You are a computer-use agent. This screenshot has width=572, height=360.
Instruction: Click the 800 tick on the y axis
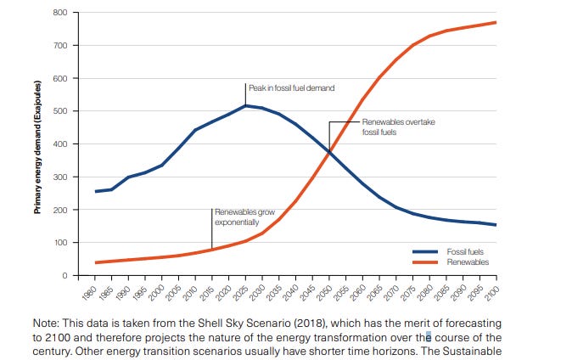click(x=59, y=13)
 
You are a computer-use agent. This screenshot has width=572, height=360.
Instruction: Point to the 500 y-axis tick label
click(x=59, y=111)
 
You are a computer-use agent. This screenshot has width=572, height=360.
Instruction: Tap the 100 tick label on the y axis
click(x=59, y=243)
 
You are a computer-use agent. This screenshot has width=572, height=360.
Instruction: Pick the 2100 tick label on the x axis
click(x=491, y=292)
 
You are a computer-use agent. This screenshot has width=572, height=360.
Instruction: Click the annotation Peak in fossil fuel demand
click(x=291, y=88)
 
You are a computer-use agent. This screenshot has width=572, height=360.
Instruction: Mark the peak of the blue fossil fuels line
click(x=245, y=105)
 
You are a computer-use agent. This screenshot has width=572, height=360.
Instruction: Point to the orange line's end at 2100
click(x=496, y=22)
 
